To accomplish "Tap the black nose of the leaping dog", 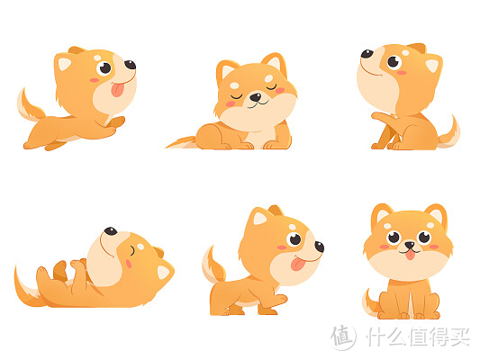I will pyautogui.click(x=130, y=65).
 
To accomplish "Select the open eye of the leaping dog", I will pyautogui.click(x=105, y=68).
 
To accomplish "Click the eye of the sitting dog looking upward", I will pyautogui.click(x=393, y=62).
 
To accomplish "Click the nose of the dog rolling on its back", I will pyautogui.click(x=109, y=231).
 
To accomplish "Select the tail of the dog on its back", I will pyautogui.click(x=22, y=286).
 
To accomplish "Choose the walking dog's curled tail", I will pyautogui.click(x=213, y=265).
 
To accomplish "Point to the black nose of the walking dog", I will pyautogui.click(x=319, y=247).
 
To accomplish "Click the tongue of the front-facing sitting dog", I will pyautogui.click(x=410, y=254).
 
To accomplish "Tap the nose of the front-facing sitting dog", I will pyautogui.click(x=410, y=245).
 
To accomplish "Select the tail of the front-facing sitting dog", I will pyautogui.click(x=369, y=301).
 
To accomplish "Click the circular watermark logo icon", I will pyautogui.click(x=343, y=336).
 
